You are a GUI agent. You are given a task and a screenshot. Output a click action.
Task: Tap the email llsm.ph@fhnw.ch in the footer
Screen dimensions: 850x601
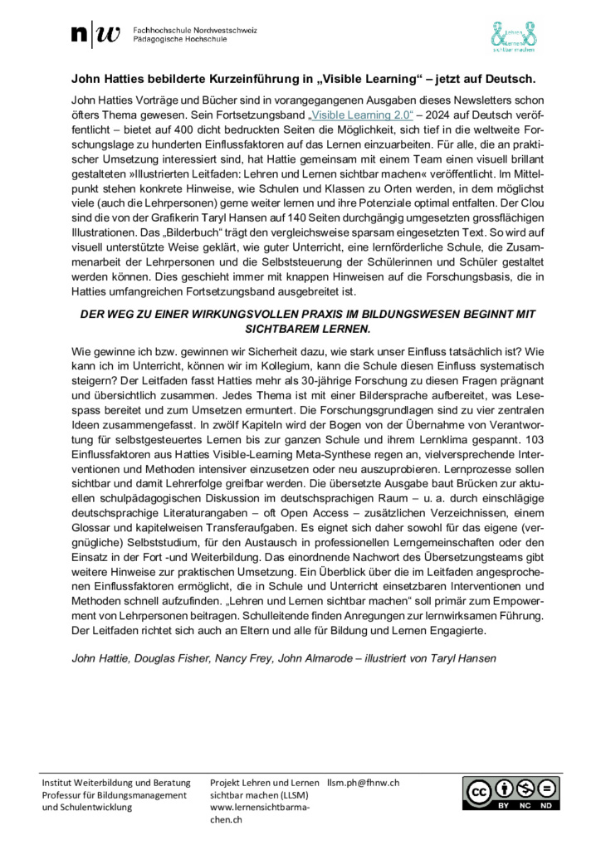pyautogui.click(x=364, y=783)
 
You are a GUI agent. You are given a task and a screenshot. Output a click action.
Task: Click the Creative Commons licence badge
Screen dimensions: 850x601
pyautogui.click(x=511, y=794)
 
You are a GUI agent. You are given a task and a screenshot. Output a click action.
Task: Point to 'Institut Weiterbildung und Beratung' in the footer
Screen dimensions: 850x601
pyautogui.click(x=116, y=783)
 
